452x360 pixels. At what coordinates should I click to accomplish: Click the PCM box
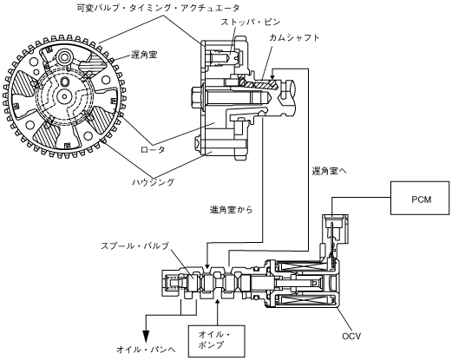420,198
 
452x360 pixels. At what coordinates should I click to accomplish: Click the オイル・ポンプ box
217,341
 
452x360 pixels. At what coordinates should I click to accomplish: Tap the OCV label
351,336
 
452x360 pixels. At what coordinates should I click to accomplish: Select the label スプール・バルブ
134,246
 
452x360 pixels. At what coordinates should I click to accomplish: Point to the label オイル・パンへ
146,350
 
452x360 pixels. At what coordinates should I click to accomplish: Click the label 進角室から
231,209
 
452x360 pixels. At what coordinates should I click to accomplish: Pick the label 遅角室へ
329,171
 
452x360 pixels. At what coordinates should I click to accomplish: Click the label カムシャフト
294,38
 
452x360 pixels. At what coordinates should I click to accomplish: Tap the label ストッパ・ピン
251,22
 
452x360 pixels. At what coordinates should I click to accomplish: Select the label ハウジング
154,182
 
